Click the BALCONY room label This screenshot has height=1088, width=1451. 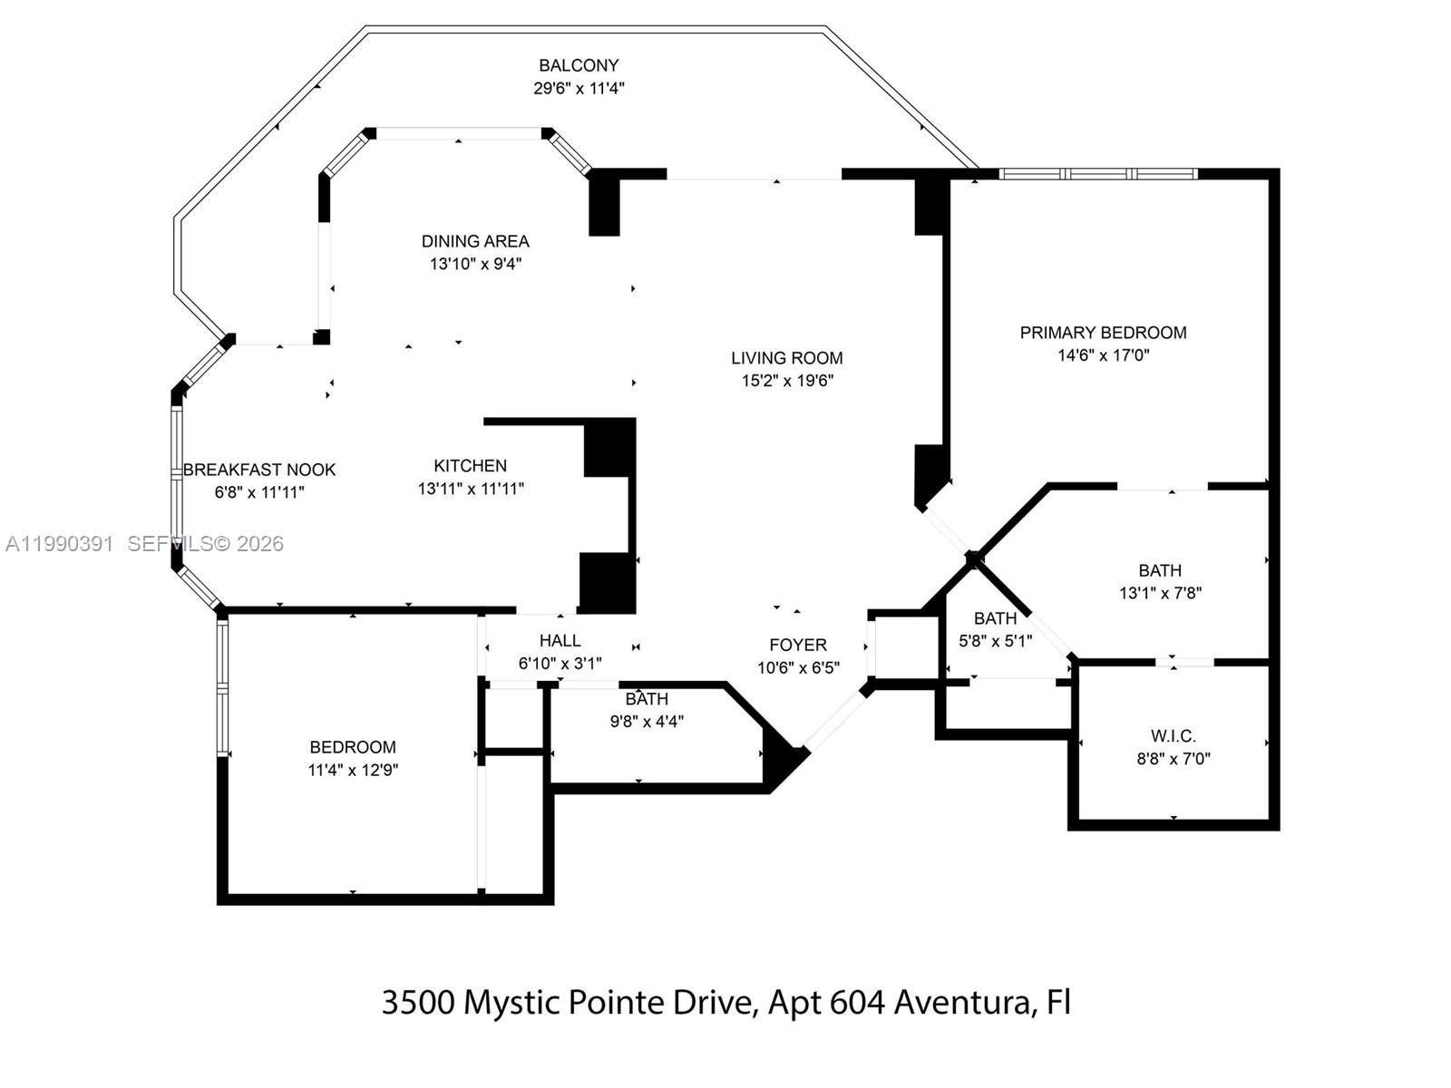click(579, 65)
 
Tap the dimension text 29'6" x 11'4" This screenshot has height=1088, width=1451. click(579, 88)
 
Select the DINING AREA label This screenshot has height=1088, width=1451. click(475, 241)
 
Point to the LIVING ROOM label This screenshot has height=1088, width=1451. click(787, 358)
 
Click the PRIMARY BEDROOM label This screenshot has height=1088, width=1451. click(1103, 333)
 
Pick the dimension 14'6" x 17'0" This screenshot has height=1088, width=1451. click(1103, 355)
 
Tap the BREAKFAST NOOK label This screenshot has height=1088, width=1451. click(259, 470)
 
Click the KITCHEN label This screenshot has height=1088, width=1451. click(470, 466)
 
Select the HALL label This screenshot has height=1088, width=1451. click(560, 641)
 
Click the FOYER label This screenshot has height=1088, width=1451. click(798, 645)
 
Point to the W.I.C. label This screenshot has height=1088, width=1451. click(1173, 735)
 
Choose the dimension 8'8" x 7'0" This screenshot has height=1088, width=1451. click(1173, 759)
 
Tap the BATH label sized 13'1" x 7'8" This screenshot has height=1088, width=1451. click(1160, 570)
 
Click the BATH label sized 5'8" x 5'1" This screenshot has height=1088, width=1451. click(995, 618)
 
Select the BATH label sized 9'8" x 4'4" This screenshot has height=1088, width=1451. click(647, 699)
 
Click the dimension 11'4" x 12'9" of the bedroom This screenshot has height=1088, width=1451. click(353, 770)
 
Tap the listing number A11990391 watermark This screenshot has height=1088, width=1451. click(60, 544)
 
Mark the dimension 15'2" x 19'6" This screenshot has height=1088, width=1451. click(787, 381)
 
